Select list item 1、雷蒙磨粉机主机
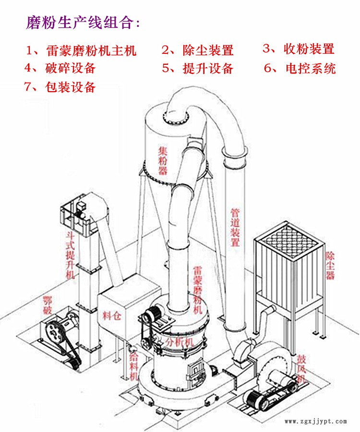(x=82, y=50)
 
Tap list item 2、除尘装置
(x=197, y=50)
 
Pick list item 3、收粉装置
(x=298, y=48)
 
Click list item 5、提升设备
(x=197, y=68)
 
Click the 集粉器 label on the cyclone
(x=163, y=160)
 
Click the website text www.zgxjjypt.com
(x=315, y=421)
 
